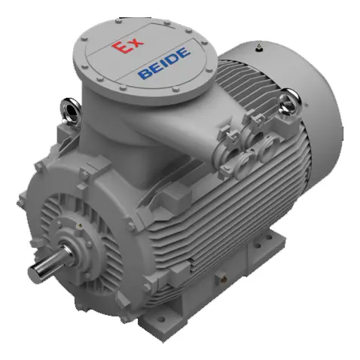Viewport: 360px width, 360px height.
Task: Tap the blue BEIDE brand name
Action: click(163, 63)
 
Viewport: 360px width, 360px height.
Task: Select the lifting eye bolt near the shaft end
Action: click(70, 111)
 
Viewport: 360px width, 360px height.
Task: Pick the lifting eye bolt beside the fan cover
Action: click(289, 102)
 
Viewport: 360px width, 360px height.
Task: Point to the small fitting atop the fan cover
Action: click(258, 47)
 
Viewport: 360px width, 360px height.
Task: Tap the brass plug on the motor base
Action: click(223, 278)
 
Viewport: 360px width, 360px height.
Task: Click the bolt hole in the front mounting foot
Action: click(161, 319)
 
